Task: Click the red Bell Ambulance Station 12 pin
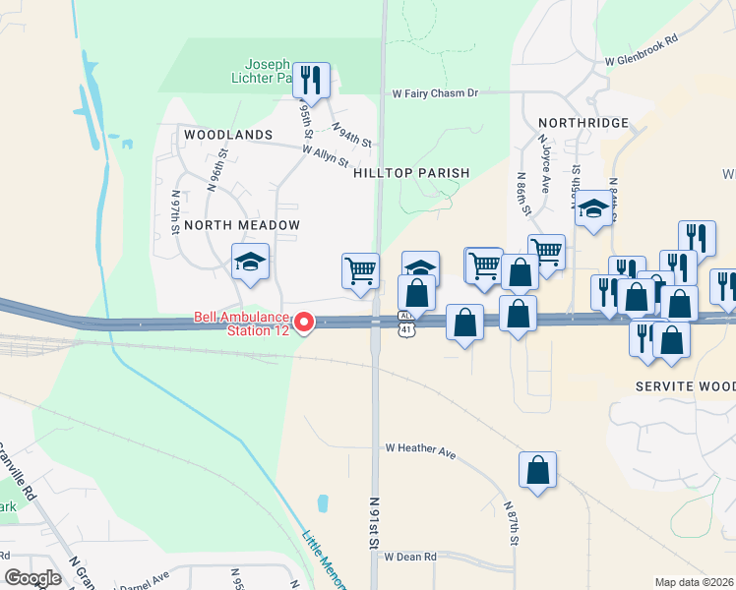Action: (305, 322)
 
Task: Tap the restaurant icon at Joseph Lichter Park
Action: (312, 79)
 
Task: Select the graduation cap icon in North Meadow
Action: (250, 262)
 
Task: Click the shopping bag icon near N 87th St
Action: (537, 470)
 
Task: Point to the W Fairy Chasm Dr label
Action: (434, 93)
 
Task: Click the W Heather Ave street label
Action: (420, 450)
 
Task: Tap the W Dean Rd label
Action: (410, 557)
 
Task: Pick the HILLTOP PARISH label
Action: (411, 173)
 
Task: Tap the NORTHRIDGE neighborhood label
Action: (583, 122)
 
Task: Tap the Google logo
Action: (32, 577)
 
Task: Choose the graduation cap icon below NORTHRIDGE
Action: (593, 209)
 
